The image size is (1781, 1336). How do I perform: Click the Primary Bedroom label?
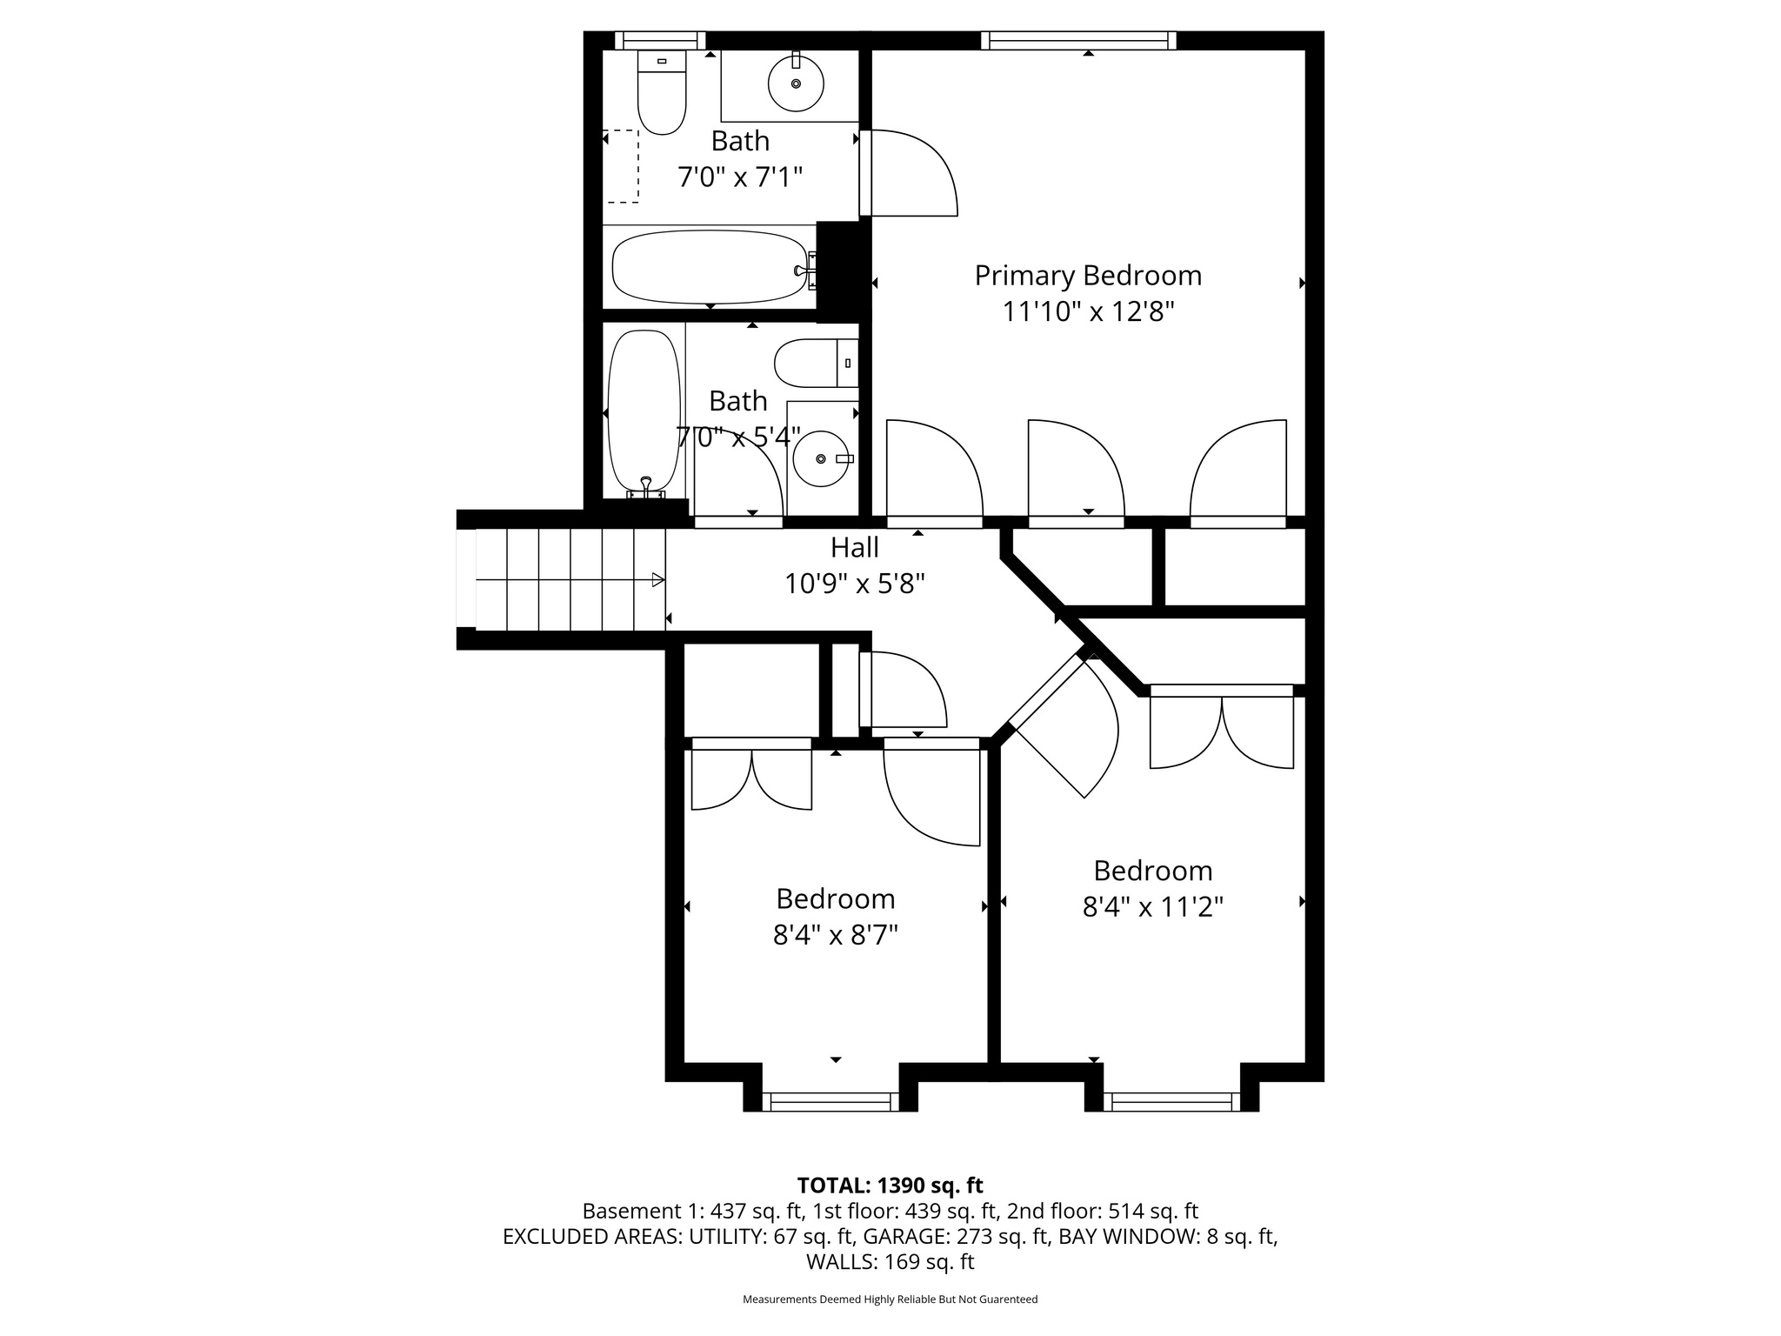pos(1088,276)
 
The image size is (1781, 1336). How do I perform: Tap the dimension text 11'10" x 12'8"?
pos(1088,312)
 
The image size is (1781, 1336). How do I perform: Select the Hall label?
pos(854,547)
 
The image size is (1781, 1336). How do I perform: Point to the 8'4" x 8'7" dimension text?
pos(835,935)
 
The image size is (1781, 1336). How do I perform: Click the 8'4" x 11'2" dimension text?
pos(1152,907)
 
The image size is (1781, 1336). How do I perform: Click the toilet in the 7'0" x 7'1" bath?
pos(662,94)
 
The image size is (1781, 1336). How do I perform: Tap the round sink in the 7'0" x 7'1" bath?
pos(796,83)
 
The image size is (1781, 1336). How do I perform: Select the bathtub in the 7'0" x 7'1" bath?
pos(709,267)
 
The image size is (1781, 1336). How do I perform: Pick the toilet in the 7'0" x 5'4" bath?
pos(815,363)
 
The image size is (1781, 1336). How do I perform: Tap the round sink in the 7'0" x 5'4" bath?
pos(821,458)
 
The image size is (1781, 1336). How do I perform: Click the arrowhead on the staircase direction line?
pos(658,580)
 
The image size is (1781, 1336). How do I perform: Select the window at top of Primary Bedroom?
pos(1078,41)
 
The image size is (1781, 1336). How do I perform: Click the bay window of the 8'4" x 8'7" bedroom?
pos(831,1101)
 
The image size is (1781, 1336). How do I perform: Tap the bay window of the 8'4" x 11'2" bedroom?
pos(1172,1101)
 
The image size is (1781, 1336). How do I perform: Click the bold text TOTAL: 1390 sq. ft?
pos(890,1186)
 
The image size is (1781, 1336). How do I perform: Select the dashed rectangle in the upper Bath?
pos(622,166)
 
